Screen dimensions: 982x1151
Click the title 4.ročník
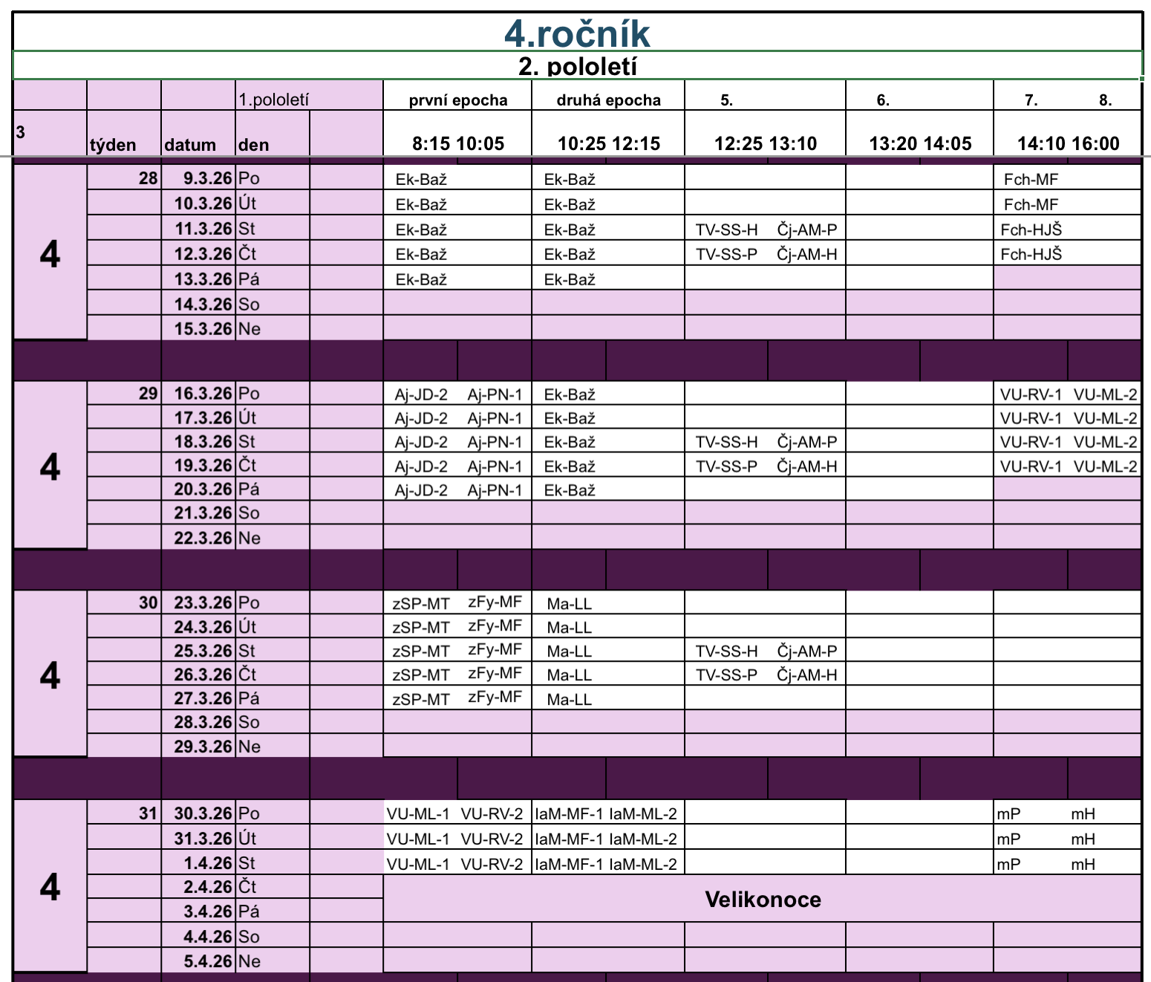coord(577,33)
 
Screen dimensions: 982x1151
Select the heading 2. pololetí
coord(577,67)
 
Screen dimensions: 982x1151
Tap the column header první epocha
coord(458,100)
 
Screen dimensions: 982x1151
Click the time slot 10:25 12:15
coord(609,143)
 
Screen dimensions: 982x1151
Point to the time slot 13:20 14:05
coord(920,143)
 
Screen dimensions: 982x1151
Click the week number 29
coord(149,394)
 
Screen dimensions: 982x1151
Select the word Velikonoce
coord(763,900)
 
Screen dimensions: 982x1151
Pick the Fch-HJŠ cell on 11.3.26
coord(1031,230)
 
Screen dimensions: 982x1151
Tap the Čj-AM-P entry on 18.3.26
coord(806,442)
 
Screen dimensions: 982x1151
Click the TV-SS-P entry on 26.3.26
coord(726,674)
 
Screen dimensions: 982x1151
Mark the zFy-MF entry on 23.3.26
coord(495,602)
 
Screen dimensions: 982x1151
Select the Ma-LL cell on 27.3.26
coord(570,699)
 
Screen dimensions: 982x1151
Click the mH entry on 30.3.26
coord(1083,814)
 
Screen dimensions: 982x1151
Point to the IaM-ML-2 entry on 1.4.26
coord(643,864)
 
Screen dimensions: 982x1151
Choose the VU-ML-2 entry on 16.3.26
coord(1105,394)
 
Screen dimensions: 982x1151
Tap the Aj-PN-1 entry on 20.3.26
coord(495,490)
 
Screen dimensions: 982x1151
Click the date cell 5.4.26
coord(208,961)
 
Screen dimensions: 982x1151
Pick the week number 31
coord(149,813)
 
